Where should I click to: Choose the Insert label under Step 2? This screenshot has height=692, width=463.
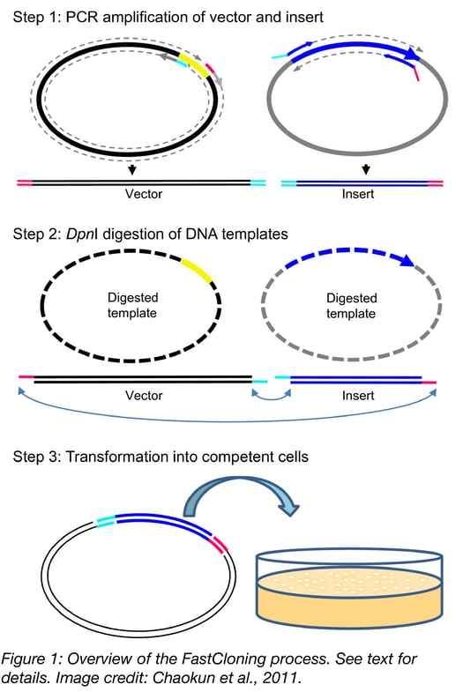click(358, 395)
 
